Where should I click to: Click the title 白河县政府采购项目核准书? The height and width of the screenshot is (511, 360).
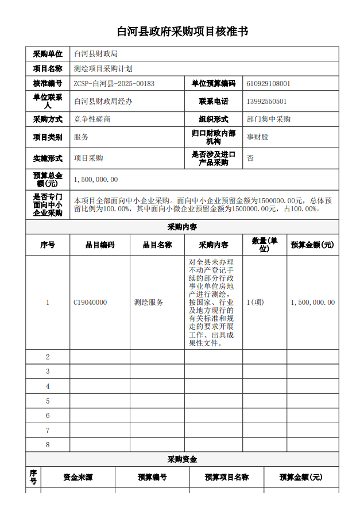tap(183, 31)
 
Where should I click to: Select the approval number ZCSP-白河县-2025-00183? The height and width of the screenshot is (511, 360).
tap(114, 83)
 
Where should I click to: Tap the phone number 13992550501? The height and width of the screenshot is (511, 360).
tap(266, 102)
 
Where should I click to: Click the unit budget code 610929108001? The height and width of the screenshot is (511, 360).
tap(268, 83)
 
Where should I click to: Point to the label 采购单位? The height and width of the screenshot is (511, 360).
tap(48, 54)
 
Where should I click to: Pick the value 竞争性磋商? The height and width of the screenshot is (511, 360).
tap(92, 119)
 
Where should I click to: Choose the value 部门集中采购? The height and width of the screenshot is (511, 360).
tap(269, 119)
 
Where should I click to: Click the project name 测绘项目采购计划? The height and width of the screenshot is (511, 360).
tap(103, 68)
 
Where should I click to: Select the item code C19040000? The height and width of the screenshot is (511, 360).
tap(90, 302)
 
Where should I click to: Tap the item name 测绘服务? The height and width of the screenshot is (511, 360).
tap(149, 302)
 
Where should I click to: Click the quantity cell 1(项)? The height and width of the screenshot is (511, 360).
tap(255, 302)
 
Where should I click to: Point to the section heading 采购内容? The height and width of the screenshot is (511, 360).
tap(182, 227)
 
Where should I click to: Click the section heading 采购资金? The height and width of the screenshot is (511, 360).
tap(182, 459)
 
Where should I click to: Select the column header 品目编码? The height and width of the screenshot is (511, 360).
tap(100, 245)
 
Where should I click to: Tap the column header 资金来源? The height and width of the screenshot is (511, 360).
tap(78, 477)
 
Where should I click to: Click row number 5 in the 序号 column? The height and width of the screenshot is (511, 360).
tap(48, 401)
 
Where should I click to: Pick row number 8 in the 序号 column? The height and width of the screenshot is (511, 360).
tap(48, 444)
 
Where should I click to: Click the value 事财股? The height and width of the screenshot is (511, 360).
tap(258, 137)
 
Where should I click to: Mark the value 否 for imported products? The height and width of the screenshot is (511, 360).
tap(250, 158)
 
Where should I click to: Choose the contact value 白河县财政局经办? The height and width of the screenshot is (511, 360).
tap(103, 102)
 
